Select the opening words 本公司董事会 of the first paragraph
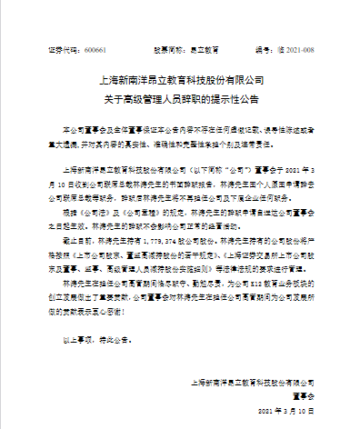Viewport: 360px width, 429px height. coord(87,133)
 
